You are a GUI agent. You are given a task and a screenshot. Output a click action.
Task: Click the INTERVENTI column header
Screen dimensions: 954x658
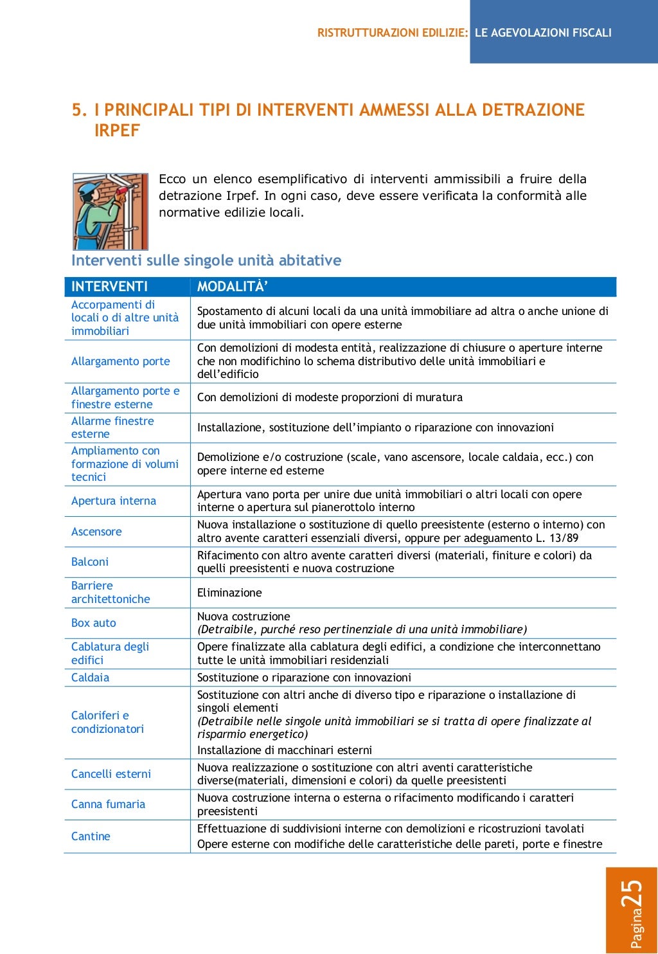[x=109, y=287]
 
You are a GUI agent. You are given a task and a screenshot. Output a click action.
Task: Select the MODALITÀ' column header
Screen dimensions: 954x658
[x=232, y=287]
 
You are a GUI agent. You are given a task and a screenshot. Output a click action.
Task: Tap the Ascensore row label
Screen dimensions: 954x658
[x=96, y=532]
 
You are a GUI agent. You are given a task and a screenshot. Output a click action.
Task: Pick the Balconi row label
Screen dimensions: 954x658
[x=90, y=562]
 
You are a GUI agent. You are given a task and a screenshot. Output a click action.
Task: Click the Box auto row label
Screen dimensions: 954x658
[x=94, y=623]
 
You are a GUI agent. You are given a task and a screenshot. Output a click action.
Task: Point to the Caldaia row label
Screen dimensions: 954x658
[x=90, y=678]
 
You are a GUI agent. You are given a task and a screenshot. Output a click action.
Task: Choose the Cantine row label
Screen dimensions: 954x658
[x=91, y=836]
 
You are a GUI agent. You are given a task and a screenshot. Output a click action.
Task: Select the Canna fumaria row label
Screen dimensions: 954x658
[x=108, y=804]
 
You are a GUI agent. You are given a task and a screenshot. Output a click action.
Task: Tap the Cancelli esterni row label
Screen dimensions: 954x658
[x=111, y=774]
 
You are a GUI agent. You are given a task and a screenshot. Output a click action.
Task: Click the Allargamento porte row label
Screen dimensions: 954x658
[x=120, y=361]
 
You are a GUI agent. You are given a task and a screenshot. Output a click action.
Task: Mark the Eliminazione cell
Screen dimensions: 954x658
[x=229, y=593]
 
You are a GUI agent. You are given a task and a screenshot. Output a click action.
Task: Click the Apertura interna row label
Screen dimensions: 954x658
[x=114, y=501]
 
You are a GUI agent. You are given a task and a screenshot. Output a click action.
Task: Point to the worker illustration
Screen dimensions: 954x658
[x=111, y=211]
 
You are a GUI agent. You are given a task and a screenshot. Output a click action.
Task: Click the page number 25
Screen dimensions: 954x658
[x=632, y=894]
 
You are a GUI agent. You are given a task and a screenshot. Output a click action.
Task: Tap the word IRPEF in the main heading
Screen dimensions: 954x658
[x=117, y=130]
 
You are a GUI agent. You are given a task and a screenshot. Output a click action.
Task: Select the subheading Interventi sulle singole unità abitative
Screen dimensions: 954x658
[x=206, y=260]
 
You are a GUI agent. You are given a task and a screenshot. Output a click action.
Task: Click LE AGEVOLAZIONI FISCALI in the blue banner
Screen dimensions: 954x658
[x=543, y=33]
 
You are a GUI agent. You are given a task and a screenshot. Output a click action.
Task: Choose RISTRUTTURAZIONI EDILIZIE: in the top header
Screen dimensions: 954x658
[x=393, y=33]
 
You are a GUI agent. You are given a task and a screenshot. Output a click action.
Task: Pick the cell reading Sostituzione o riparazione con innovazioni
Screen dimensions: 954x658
[x=304, y=678]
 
